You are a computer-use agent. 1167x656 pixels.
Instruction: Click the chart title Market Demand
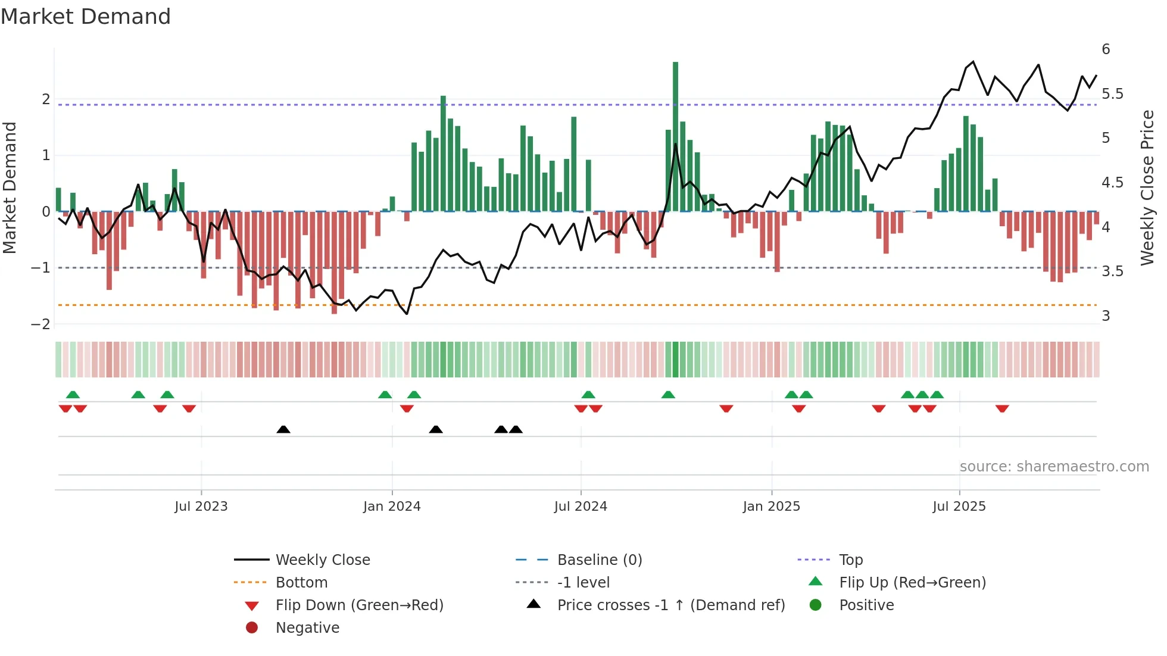pos(86,17)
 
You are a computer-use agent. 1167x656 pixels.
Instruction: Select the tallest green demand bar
pos(675,137)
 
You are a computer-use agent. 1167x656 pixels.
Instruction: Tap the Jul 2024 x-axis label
pos(581,507)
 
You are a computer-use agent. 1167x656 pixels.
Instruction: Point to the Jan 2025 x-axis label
pos(771,507)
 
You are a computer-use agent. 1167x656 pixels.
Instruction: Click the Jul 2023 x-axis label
pos(201,507)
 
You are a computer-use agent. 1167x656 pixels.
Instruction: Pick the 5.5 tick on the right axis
pos(1112,94)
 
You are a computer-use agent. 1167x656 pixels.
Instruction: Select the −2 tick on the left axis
pos(41,324)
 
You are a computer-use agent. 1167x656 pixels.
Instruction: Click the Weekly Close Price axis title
pos(1147,188)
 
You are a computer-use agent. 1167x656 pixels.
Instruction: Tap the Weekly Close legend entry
pos(322,560)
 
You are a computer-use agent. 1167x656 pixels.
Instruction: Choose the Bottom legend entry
pos(301,583)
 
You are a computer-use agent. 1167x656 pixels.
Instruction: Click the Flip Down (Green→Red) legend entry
pos(359,605)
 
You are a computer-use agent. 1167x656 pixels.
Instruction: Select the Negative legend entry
pos(307,628)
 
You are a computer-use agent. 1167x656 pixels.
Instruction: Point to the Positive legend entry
pos(866,605)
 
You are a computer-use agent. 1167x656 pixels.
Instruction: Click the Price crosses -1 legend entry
pos(670,605)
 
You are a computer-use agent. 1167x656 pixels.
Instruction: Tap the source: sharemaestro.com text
pos(1054,467)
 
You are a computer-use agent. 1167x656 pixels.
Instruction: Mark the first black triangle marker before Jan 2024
pos(283,429)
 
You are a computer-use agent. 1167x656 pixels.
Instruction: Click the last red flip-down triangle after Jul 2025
pos(1002,408)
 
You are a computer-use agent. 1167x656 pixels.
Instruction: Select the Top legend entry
pos(851,560)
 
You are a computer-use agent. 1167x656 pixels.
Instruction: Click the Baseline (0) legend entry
pos(599,560)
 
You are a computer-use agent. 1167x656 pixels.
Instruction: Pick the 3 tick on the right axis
pos(1106,316)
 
